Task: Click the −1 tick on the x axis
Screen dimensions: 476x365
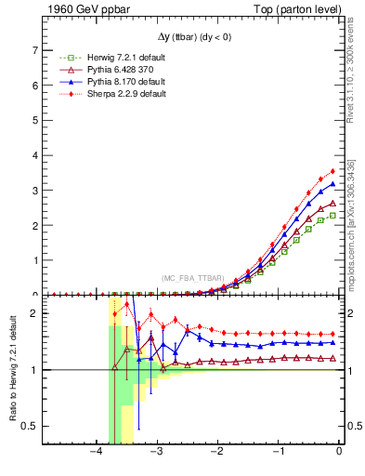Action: (x=279, y=453)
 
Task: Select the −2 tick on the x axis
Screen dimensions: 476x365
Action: (x=218, y=453)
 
